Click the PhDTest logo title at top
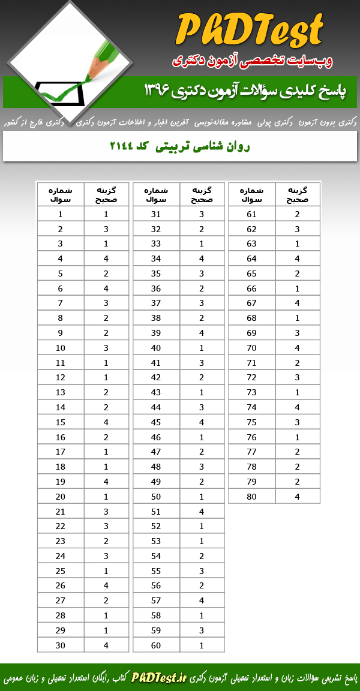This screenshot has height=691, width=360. point(251,30)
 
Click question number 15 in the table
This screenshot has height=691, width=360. point(61,422)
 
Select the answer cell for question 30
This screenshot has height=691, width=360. point(106,645)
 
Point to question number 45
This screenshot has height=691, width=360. point(156,422)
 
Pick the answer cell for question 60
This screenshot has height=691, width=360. point(202,645)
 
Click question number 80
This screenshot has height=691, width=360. point(251,496)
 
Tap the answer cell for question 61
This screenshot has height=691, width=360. point(297,214)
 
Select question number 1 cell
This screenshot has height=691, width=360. point(61,214)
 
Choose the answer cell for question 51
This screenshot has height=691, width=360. point(202,511)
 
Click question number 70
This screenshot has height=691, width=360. point(251,348)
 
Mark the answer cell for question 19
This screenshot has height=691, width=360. point(106,481)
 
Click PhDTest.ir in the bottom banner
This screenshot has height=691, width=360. point(159,678)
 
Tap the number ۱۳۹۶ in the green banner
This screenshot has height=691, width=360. point(158,91)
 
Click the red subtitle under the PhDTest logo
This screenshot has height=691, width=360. point(252,61)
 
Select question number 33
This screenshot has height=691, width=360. point(156,244)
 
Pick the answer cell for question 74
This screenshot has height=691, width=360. point(297,407)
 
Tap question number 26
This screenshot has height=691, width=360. point(61,585)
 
